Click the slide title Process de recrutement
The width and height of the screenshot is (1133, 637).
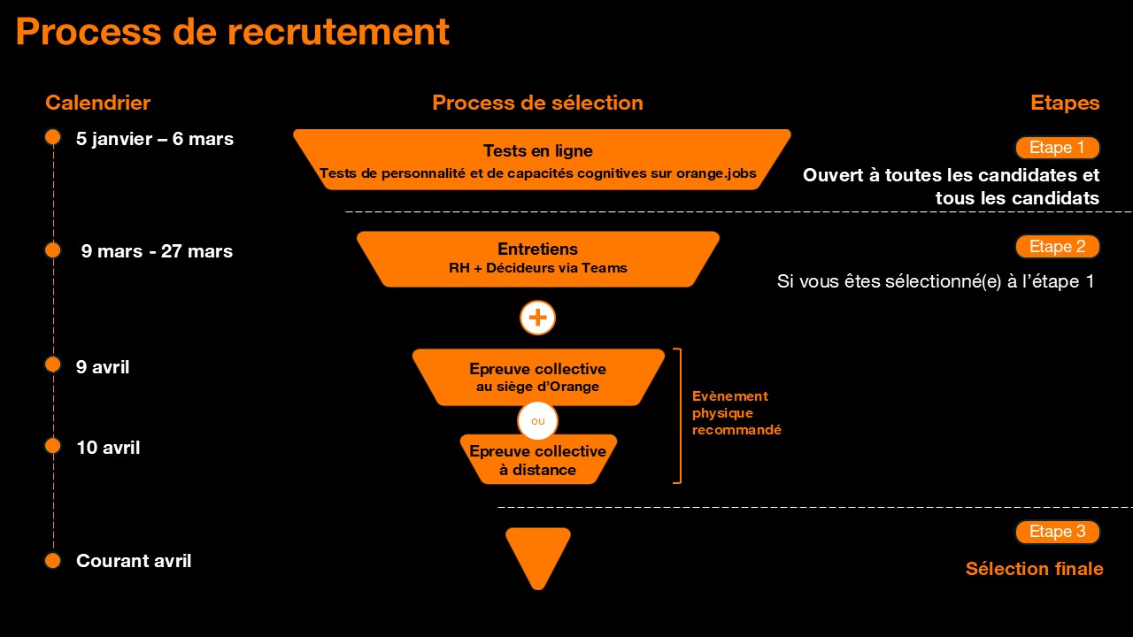pyautogui.click(x=232, y=32)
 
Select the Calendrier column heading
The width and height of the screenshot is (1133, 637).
pyautogui.click(x=97, y=103)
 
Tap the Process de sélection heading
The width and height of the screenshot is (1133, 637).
pyautogui.click(x=537, y=103)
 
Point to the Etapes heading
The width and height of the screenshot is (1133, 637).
pyautogui.click(x=1065, y=103)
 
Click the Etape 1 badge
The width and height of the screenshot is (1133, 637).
pyautogui.click(x=1057, y=148)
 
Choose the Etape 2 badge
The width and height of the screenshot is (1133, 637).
pyautogui.click(x=1057, y=247)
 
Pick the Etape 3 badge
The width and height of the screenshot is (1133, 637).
pyautogui.click(x=1057, y=532)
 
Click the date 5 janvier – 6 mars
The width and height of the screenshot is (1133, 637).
pyautogui.click(x=155, y=138)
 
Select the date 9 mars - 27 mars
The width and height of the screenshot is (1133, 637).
pyautogui.click(x=157, y=251)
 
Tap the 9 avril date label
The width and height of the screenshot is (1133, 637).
pyautogui.click(x=103, y=366)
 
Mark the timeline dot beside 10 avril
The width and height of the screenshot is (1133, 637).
pyautogui.click(x=52, y=445)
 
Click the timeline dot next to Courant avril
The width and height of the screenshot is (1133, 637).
pyautogui.click(x=52, y=560)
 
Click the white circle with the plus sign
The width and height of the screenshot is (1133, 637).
pyautogui.click(x=537, y=318)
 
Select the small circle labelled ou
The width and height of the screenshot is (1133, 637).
pyautogui.click(x=537, y=421)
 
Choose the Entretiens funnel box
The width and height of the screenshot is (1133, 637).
pyautogui.click(x=537, y=258)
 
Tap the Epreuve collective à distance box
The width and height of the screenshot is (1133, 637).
pyautogui.click(x=537, y=461)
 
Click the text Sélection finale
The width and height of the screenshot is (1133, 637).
pyautogui.click(x=1034, y=569)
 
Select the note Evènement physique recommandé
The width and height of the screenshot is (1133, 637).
pyautogui.click(x=736, y=413)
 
